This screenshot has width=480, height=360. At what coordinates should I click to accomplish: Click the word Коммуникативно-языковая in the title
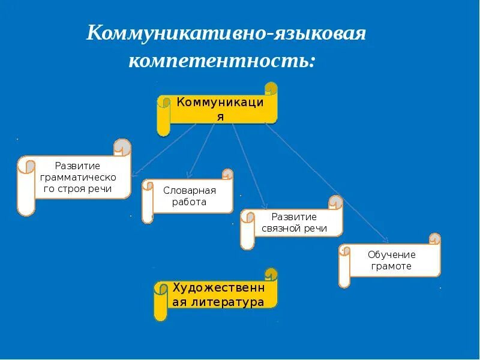tap(226, 34)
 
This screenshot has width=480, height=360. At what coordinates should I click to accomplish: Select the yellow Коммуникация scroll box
tap(219, 109)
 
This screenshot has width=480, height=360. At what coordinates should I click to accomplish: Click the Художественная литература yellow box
tap(218, 295)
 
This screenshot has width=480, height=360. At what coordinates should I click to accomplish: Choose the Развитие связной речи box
tap(293, 223)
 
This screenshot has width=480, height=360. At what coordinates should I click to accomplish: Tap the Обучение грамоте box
tap(391, 260)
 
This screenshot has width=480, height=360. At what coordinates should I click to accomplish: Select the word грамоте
tap(391, 266)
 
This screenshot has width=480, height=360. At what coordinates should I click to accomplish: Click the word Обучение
tap(391, 254)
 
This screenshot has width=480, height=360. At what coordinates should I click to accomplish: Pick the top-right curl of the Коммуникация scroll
tap(271, 89)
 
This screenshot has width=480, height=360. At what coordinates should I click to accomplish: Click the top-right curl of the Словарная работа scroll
tap(227, 175)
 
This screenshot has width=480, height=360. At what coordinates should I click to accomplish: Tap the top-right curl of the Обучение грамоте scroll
tap(434, 239)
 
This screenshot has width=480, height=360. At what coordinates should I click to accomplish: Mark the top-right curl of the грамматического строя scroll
tap(122, 146)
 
